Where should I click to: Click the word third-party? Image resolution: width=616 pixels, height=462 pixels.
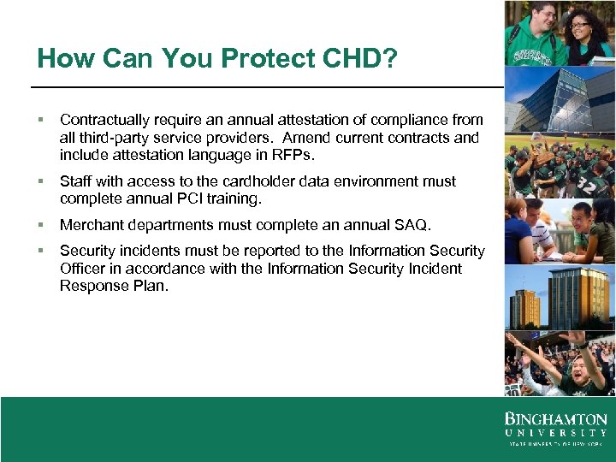point(111,138)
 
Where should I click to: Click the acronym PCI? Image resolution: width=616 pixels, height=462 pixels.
point(210,198)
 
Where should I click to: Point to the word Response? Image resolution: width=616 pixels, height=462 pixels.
point(92,286)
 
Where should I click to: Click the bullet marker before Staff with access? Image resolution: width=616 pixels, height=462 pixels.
point(41,181)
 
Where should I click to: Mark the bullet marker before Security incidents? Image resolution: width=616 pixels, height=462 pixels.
point(41,251)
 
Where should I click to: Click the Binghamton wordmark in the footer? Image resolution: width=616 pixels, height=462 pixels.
point(555,420)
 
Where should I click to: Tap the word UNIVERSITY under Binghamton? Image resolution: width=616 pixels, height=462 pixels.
point(555,433)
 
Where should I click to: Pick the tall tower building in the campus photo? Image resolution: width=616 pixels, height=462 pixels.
point(577,295)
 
